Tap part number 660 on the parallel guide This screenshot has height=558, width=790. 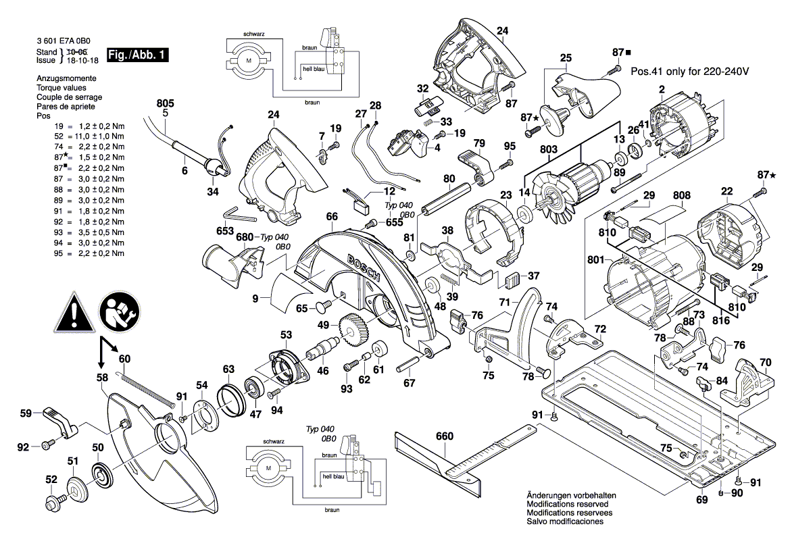(444, 436)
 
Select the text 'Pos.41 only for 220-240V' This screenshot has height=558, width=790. (690, 71)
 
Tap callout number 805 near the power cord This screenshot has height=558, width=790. (165, 103)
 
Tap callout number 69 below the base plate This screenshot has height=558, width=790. (702, 500)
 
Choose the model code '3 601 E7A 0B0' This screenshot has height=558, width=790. (64, 41)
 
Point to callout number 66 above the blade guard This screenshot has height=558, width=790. (331, 217)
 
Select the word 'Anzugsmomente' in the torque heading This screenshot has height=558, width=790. (66, 79)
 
